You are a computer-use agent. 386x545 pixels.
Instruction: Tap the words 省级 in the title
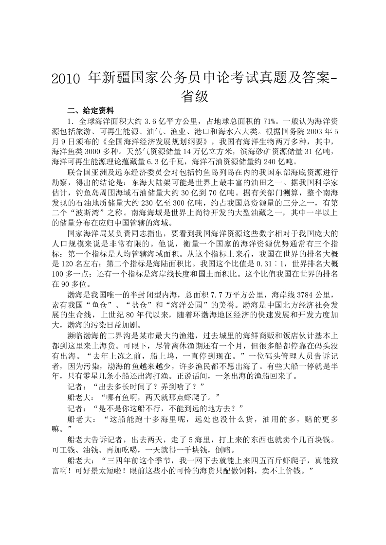click(x=195, y=96)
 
